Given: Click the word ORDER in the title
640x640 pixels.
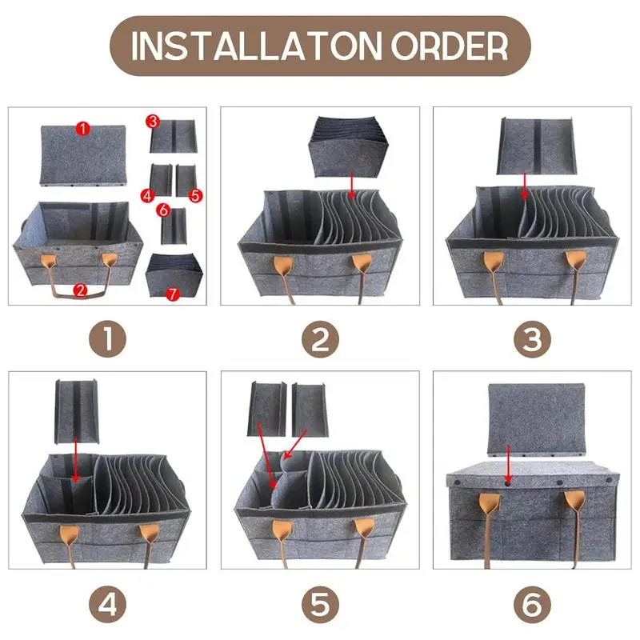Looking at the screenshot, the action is (x=450, y=46).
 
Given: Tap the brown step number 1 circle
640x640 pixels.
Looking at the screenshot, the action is (x=108, y=338).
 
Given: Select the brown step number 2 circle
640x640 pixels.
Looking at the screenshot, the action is (x=321, y=338).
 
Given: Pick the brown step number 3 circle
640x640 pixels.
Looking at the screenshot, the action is (x=532, y=338).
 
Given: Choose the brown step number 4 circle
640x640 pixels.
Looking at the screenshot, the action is (x=108, y=605).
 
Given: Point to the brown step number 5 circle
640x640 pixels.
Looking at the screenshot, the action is (x=321, y=605).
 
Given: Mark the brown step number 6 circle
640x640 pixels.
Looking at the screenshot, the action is (x=532, y=605).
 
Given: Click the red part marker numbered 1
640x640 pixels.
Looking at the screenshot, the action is (x=83, y=129).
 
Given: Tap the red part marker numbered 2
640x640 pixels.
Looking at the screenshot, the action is (x=81, y=290).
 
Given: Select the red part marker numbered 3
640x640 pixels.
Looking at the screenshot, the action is (x=153, y=122).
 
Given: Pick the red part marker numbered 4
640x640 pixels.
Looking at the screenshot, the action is (x=148, y=195).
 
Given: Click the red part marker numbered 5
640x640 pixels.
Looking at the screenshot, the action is (x=195, y=195).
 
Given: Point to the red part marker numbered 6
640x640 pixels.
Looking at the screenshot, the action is (x=163, y=210).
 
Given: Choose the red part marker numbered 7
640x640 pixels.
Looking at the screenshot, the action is (x=173, y=294).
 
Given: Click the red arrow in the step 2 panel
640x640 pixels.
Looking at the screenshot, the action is (x=351, y=185).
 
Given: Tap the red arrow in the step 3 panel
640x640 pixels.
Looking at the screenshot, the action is (x=525, y=186).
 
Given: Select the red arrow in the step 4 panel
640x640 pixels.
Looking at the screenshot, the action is (x=75, y=460).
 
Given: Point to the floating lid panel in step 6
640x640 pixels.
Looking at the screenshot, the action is (x=536, y=419).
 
